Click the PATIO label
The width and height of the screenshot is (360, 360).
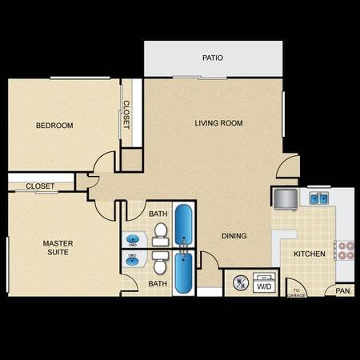213,58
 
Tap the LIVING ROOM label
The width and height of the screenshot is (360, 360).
218,123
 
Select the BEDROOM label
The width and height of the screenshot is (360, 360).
54,126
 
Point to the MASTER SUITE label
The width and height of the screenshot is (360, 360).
58,248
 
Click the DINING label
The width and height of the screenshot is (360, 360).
234,236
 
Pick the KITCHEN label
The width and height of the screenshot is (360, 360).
310,254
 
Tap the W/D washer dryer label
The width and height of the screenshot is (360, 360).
264,286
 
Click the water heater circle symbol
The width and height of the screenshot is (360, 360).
241,283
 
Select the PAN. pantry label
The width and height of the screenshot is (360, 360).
343,290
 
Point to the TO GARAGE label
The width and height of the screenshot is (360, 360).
296,293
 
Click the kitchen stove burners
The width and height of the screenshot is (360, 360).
346,250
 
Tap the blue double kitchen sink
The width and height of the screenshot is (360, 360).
319,198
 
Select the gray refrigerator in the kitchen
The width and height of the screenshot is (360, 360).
286,199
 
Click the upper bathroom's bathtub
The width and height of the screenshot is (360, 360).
183,225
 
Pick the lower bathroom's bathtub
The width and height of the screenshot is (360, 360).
183,273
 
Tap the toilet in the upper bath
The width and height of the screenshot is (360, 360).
160,234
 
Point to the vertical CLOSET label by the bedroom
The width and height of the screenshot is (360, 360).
126,114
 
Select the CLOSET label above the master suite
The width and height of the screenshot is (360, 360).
40,186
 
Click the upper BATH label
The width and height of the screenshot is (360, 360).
158,214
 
